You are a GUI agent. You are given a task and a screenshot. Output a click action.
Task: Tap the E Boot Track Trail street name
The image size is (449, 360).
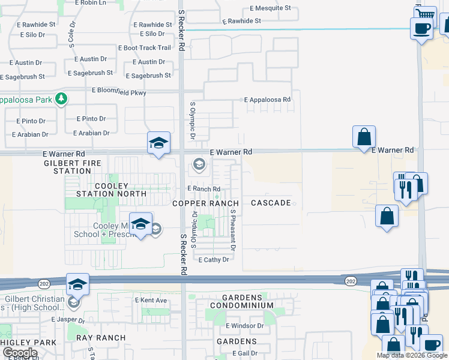[x=145, y=47]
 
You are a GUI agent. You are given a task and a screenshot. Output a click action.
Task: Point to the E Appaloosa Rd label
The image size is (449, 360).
[x=267, y=100]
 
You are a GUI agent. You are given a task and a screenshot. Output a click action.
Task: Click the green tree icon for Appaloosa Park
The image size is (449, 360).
[x=61, y=99]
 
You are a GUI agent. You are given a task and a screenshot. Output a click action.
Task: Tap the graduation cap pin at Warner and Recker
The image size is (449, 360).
[x=158, y=143]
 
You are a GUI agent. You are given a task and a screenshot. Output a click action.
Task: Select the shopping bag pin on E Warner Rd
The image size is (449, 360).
[x=364, y=137]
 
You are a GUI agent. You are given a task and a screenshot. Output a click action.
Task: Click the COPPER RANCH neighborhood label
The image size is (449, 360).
[x=206, y=203]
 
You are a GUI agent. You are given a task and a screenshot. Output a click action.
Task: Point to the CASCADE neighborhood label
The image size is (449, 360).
[x=271, y=203]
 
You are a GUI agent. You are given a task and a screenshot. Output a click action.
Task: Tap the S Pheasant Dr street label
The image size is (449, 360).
[x=232, y=230]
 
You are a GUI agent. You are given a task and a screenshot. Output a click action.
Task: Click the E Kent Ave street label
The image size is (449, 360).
[x=151, y=299]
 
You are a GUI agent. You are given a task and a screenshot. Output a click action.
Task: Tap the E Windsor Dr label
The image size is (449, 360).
[x=245, y=325]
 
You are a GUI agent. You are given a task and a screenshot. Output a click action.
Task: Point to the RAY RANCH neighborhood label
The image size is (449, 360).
[x=101, y=338]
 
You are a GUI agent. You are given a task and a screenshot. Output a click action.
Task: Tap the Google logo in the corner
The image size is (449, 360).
[x=20, y=353]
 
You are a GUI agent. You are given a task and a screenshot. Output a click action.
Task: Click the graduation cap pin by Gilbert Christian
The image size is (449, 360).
[x=77, y=285]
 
